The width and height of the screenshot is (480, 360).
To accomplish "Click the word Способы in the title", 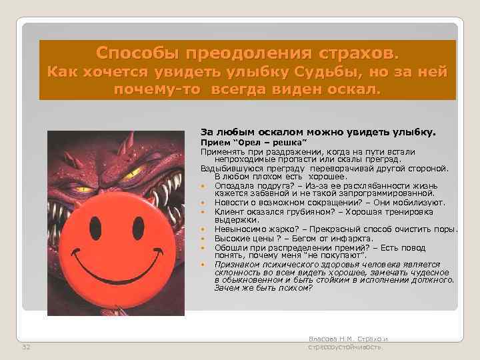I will pyautogui.click(x=137, y=52).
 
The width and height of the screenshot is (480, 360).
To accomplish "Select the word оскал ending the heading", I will pyautogui.click(x=353, y=89).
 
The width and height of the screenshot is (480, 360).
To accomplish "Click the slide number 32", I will pyautogui.click(x=26, y=347).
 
